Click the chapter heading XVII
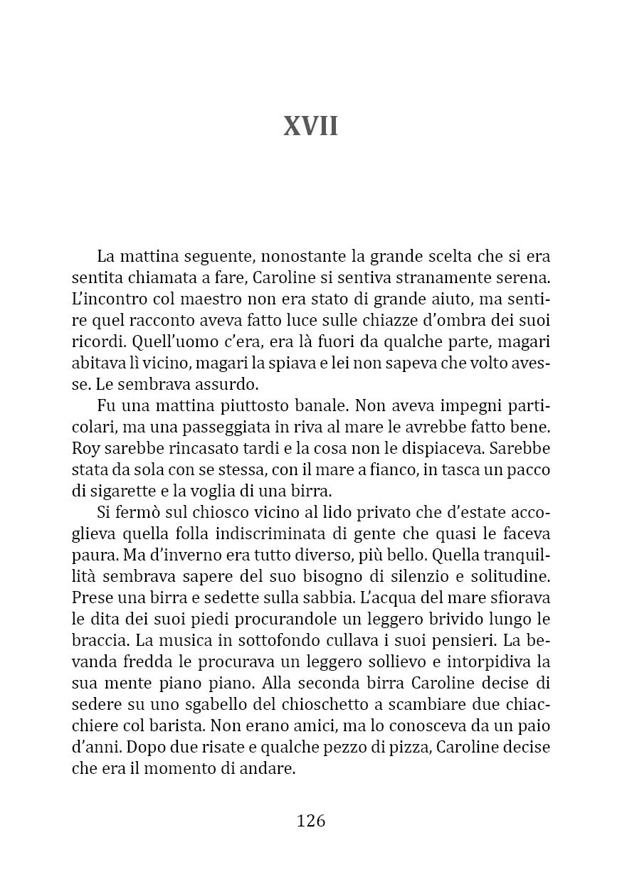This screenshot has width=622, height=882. point(310,127)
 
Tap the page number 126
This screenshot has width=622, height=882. point(310,820)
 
